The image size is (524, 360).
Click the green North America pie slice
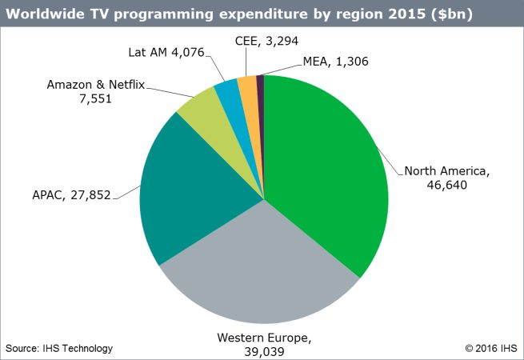click(x=328, y=160)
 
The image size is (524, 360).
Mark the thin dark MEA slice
click(x=260, y=84)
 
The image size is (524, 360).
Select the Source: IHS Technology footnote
click(x=59, y=348)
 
